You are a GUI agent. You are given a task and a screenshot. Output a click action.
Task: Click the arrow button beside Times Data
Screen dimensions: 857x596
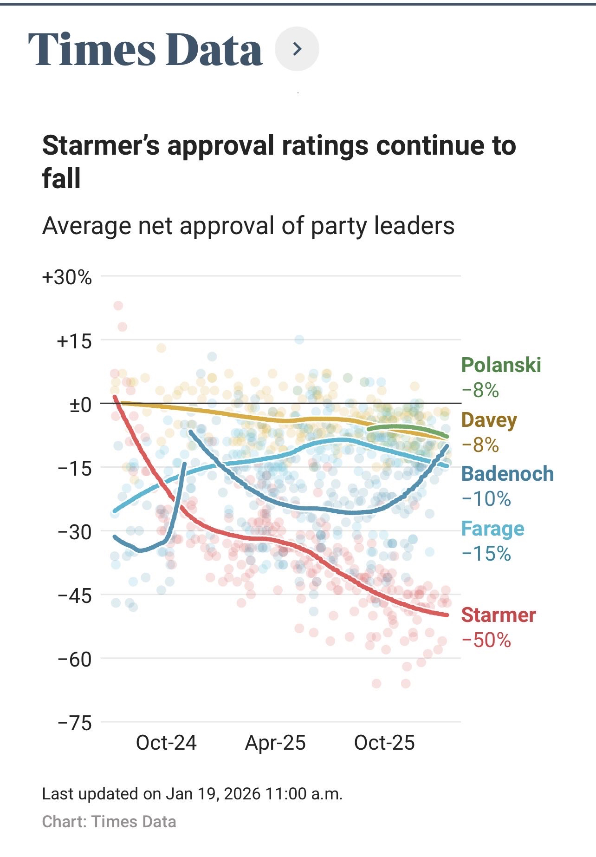(x=297, y=49)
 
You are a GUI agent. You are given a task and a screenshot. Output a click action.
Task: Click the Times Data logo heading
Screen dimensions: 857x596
(x=145, y=49)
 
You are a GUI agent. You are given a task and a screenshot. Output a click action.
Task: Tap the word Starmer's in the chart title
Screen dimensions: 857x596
(x=101, y=145)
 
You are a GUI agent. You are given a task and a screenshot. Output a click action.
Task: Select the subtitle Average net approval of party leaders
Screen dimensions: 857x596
(x=248, y=226)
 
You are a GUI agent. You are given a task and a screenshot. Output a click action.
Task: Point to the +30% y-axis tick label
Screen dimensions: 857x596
(x=67, y=277)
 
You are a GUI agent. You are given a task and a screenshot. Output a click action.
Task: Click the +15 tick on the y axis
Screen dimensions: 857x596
(x=74, y=341)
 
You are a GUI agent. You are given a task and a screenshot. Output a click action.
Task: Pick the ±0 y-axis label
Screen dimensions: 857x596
(x=80, y=405)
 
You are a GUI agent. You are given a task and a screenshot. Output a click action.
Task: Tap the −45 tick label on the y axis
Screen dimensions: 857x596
(x=75, y=595)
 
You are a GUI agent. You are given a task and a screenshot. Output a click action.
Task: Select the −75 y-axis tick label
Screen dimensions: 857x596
(x=75, y=723)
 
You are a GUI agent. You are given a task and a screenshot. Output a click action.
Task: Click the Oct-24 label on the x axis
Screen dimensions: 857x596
(x=166, y=743)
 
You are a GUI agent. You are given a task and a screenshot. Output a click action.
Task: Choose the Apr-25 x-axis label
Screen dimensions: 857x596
(x=275, y=743)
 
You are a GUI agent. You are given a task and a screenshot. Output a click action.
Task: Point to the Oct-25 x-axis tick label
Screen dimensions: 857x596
(x=384, y=743)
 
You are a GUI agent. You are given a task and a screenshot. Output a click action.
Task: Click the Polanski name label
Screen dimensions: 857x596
(x=501, y=365)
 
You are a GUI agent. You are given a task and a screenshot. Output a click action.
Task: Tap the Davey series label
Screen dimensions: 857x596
(x=489, y=420)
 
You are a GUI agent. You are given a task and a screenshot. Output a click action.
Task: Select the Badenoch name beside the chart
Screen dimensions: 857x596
(x=507, y=474)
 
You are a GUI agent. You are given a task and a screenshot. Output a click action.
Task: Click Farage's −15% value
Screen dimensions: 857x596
(x=486, y=554)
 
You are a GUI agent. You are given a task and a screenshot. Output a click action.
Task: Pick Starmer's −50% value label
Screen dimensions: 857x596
(x=486, y=640)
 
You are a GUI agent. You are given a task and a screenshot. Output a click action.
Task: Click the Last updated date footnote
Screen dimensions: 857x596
(x=192, y=793)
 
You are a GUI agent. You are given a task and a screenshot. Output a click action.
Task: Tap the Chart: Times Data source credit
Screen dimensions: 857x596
(x=109, y=821)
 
